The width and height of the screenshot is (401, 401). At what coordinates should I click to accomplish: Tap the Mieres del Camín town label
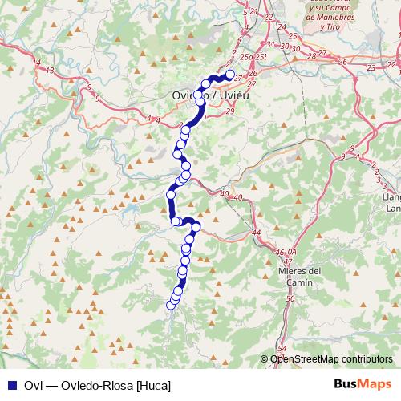303,276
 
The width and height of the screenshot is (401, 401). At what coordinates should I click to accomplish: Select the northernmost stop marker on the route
230,75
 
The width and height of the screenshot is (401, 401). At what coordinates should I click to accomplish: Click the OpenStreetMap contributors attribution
330,359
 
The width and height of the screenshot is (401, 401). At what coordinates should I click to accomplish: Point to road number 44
257,233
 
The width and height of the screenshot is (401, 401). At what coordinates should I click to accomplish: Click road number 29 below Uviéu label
232,111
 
